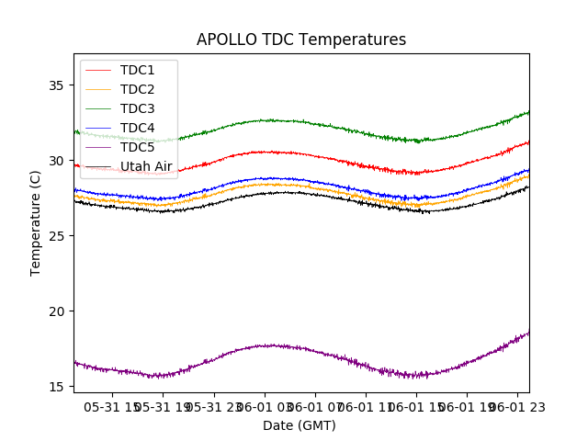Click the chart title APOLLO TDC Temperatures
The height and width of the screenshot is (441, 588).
point(301,40)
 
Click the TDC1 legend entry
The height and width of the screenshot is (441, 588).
point(138,70)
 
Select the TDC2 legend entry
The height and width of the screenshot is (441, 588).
point(138,89)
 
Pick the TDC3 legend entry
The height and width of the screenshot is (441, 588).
point(138,108)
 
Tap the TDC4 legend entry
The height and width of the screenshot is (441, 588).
point(138,128)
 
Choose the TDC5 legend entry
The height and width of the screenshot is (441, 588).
point(138,147)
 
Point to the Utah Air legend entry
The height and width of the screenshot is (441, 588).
point(146,166)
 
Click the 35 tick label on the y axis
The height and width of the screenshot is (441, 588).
point(55,85)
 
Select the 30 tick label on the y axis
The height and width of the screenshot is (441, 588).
point(55,161)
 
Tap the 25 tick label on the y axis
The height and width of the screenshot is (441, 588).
point(55,236)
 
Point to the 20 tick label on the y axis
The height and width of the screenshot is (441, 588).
point(55,311)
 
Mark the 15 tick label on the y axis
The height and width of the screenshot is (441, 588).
point(55,387)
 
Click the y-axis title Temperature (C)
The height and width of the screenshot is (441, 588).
point(36,222)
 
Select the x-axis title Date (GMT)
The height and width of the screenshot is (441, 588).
point(300,425)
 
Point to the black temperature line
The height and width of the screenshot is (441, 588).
point(276,193)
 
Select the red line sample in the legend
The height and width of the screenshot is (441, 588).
point(97,70)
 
